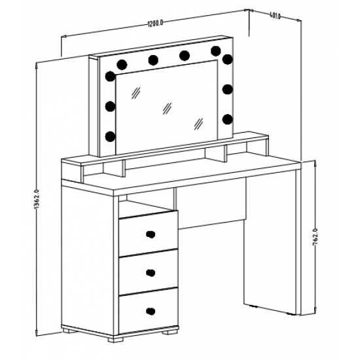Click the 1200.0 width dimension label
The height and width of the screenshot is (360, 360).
[x=155, y=23]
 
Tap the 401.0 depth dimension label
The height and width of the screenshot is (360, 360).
[x=275, y=16]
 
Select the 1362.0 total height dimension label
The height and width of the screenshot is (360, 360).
[x=37, y=199]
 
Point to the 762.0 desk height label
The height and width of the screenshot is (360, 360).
[x=315, y=237]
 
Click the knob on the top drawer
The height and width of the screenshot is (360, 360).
[x=151, y=234]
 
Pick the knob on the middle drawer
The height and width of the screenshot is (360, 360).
[x=151, y=273]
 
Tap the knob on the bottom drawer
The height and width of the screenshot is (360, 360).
[x=151, y=311]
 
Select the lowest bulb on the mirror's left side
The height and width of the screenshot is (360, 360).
[x=110, y=136]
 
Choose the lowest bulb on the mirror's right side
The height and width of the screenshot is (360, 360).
[x=228, y=119]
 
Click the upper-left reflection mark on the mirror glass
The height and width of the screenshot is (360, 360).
[x=135, y=93]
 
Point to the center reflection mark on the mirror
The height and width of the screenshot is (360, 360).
[x=167, y=109]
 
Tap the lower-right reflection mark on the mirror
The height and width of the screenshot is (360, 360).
[x=198, y=124]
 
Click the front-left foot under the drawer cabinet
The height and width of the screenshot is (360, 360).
[x=115, y=339]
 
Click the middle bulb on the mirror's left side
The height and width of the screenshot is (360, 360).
[x=110, y=106]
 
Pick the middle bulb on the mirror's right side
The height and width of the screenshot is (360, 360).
[x=228, y=89]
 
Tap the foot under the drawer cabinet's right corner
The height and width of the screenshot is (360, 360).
[x=170, y=332]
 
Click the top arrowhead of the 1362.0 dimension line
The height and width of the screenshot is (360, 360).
[x=37, y=65]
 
